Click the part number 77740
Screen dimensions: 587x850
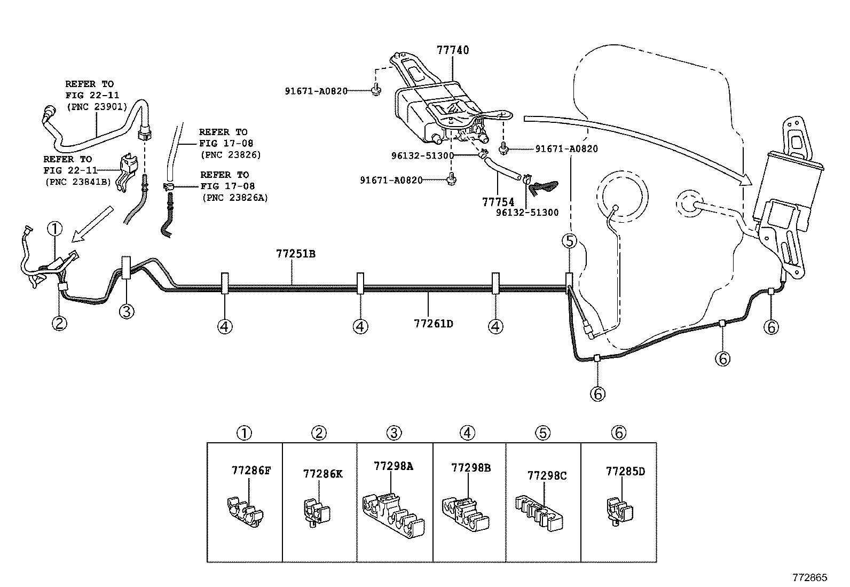[x=452, y=50]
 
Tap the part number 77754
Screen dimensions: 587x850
[x=498, y=202]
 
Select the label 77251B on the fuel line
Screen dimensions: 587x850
[x=295, y=253]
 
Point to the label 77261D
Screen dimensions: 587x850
[x=433, y=323]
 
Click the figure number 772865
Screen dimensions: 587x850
[x=809, y=577]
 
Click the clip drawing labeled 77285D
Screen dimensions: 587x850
[x=619, y=511]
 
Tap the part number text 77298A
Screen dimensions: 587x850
[x=393, y=466]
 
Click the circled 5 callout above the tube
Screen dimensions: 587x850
[x=570, y=241]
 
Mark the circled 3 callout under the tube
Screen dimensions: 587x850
[x=126, y=310]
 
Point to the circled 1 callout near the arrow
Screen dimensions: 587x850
[x=55, y=229]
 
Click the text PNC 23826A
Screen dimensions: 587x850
[x=235, y=197]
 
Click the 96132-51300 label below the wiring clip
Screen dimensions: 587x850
[x=526, y=212]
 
